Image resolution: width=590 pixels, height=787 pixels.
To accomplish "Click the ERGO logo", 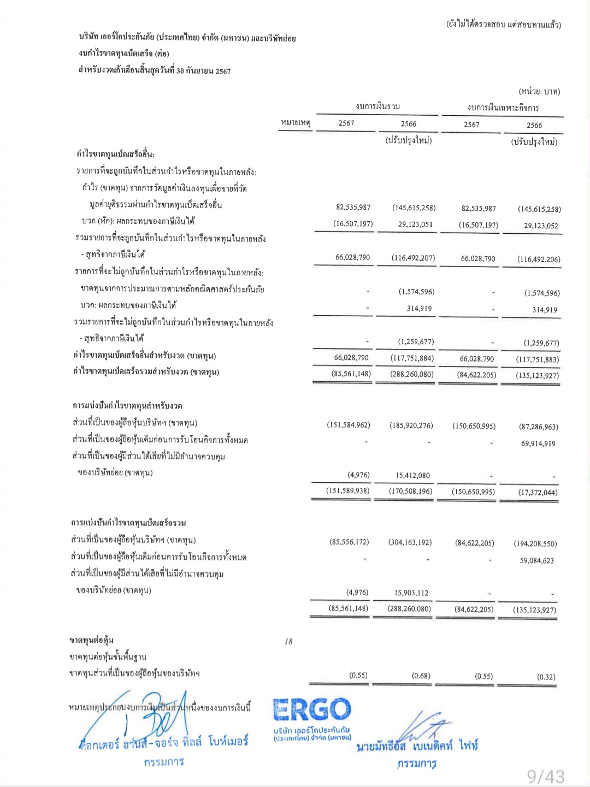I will (x=312, y=710).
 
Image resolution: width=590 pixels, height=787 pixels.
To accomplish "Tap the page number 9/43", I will (x=546, y=776).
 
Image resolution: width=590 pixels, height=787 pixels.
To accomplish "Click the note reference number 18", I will (x=288, y=642).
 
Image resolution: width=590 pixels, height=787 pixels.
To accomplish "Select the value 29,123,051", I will (x=415, y=224).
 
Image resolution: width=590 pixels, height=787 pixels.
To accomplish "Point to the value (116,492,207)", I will (x=414, y=258).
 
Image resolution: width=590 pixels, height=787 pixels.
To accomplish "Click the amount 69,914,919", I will (x=538, y=443).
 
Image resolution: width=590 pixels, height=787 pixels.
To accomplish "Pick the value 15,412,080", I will (x=413, y=475).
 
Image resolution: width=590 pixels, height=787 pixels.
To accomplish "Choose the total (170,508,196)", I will (x=410, y=491).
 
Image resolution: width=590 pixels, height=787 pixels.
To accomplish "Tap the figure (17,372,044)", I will (x=538, y=493).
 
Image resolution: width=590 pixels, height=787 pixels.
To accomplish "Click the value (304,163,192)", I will (x=410, y=542).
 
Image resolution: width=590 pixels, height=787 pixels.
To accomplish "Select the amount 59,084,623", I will (x=536, y=560).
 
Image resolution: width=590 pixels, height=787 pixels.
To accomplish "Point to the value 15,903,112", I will (x=411, y=593).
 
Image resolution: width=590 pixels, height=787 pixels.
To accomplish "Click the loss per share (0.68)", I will (x=421, y=676).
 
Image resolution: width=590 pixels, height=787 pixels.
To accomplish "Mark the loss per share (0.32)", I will (x=546, y=677).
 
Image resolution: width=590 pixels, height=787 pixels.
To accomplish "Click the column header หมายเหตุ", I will (x=296, y=123).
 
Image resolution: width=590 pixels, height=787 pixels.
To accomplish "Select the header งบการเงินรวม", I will (x=377, y=106).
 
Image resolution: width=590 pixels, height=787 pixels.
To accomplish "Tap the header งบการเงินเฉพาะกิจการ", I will (x=503, y=108).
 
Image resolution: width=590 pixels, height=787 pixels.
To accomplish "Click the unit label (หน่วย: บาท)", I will (x=539, y=91).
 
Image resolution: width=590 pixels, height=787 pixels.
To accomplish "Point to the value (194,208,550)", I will (x=535, y=543).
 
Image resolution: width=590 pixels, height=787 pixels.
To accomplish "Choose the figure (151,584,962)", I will (x=349, y=425).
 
